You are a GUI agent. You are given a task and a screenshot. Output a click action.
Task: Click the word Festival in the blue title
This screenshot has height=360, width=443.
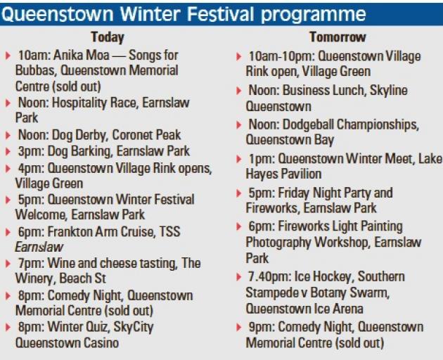pos(221,14)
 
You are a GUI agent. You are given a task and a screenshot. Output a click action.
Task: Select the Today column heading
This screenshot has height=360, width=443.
pos(108,37)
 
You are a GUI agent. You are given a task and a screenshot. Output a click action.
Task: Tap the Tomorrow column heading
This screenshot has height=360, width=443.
pos(338,37)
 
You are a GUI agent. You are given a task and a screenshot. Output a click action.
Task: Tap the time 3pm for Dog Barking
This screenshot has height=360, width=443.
pos(31,152)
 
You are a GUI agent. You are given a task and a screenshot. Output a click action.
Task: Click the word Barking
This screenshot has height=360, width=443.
pos(91,152)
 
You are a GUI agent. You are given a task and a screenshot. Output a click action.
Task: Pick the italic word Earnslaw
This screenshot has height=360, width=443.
pos(39,247)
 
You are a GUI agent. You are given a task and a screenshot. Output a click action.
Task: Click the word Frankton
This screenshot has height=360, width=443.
pos(69,232)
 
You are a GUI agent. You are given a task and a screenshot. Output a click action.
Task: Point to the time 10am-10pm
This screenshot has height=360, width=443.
pos(282,56)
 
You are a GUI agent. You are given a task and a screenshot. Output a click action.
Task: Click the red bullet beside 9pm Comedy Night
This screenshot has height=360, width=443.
pos(239,328)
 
